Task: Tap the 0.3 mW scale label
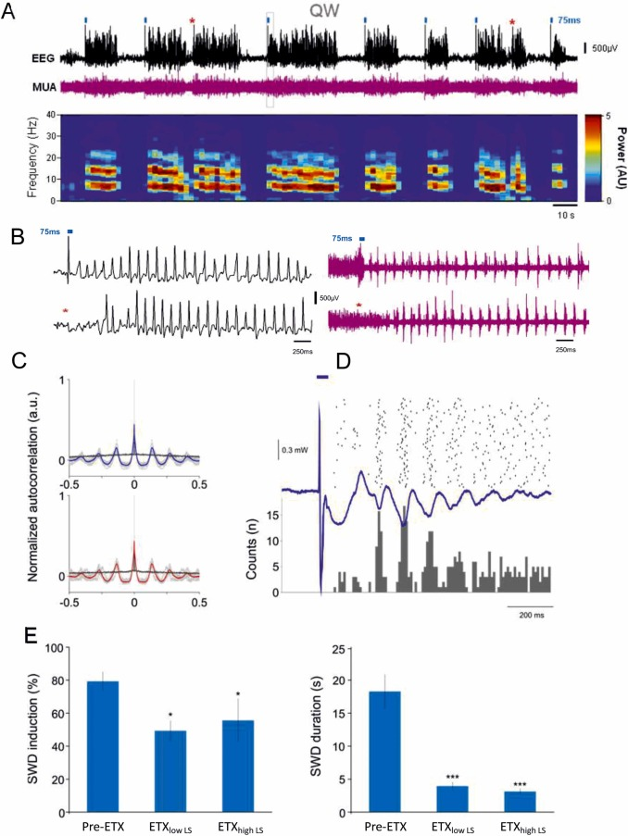click(295, 453)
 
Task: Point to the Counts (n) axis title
click(251, 545)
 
